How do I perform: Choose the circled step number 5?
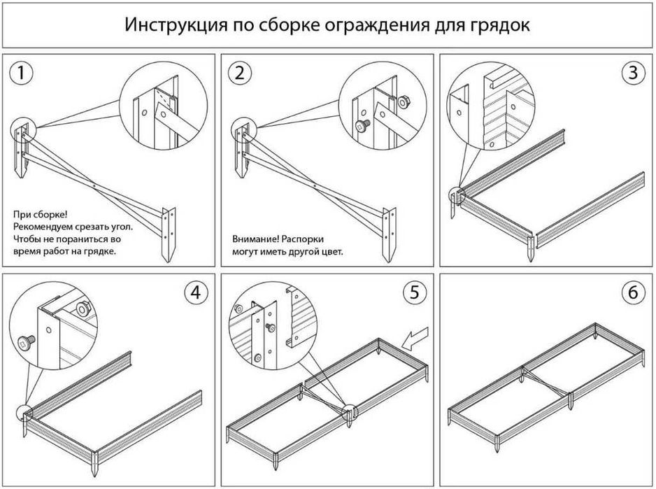point(414,293)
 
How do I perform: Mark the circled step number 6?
point(633,293)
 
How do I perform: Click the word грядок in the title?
point(499,26)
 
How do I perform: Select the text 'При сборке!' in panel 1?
point(41,215)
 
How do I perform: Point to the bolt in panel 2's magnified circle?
point(362,127)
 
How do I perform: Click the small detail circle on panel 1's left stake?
point(22,129)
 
